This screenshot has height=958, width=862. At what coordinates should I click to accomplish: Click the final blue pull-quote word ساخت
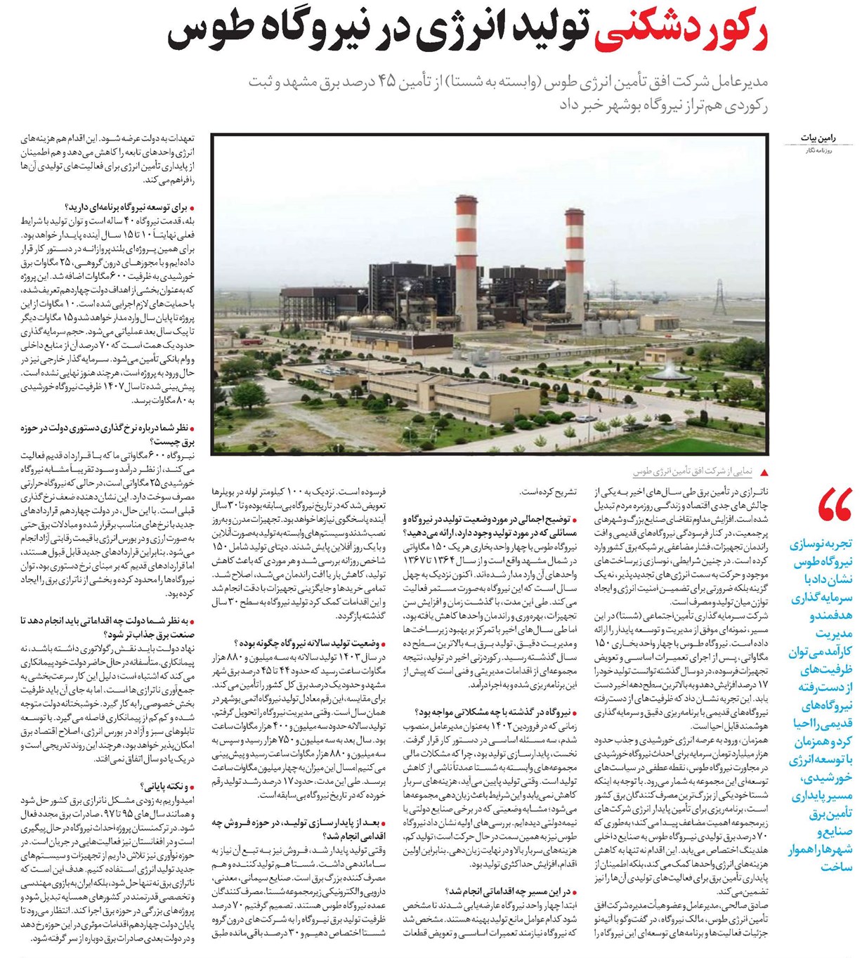[x=836, y=867]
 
